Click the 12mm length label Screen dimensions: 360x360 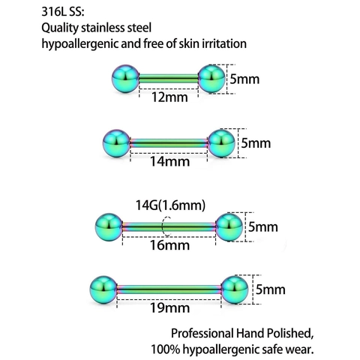[169, 97]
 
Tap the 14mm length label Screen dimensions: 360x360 [169, 162]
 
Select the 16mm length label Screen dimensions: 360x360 [169, 245]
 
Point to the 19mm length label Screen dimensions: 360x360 [169, 307]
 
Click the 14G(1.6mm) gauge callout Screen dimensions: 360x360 [170, 205]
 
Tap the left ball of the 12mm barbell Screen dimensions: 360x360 [124, 79]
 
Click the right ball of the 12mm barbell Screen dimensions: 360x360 [212, 79]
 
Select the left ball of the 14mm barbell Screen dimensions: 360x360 [116, 143]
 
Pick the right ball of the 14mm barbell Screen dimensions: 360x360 [221, 143]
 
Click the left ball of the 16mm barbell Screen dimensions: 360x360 [109, 227]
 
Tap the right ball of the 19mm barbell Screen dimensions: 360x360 [235, 289]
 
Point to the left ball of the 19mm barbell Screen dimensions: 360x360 [103, 289]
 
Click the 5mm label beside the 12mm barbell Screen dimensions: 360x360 [244, 79]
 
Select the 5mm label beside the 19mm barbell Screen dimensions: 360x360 [271, 289]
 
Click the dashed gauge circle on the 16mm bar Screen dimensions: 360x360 [162, 226]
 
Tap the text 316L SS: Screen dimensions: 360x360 [63, 12]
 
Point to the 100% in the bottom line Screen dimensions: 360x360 [166, 349]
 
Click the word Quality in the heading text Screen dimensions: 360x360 [60, 28]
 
